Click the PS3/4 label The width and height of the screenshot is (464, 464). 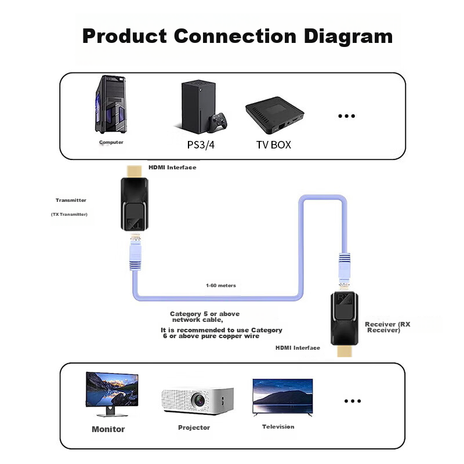click(201, 144)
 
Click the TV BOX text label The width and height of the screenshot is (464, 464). click(273, 144)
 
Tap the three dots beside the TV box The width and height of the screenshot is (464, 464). click(346, 116)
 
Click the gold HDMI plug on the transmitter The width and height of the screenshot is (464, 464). click(134, 171)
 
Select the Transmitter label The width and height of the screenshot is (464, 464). click(71, 200)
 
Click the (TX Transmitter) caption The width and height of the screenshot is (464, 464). click(69, 215)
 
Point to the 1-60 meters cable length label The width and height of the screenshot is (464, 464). click(221, 285)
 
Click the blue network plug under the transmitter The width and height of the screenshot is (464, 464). click(135, 255)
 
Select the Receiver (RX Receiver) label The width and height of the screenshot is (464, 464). click(387, 327)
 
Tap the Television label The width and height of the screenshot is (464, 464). click(278, 427)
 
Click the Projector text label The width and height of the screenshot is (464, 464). click(194, 427)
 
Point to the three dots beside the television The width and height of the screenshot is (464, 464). click(353, 401)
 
